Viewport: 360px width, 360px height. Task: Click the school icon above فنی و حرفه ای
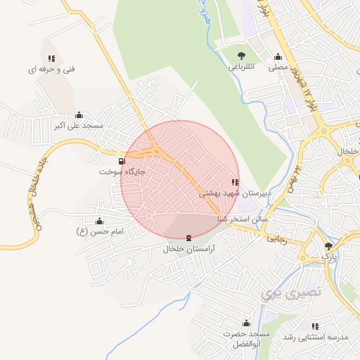51,58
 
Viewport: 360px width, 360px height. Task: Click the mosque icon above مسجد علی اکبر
79,115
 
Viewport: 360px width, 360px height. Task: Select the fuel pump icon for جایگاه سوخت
124,160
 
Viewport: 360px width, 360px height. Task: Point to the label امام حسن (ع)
99,231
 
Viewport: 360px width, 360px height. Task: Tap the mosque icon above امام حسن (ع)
99,221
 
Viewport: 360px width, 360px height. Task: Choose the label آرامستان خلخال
188,249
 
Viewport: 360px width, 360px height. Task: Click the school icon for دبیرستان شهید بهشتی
234,182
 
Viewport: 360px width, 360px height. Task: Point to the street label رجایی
276,238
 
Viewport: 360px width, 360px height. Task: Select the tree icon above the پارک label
328,246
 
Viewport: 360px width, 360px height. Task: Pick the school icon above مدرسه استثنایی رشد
316,327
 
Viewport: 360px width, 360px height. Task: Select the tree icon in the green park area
242,56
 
